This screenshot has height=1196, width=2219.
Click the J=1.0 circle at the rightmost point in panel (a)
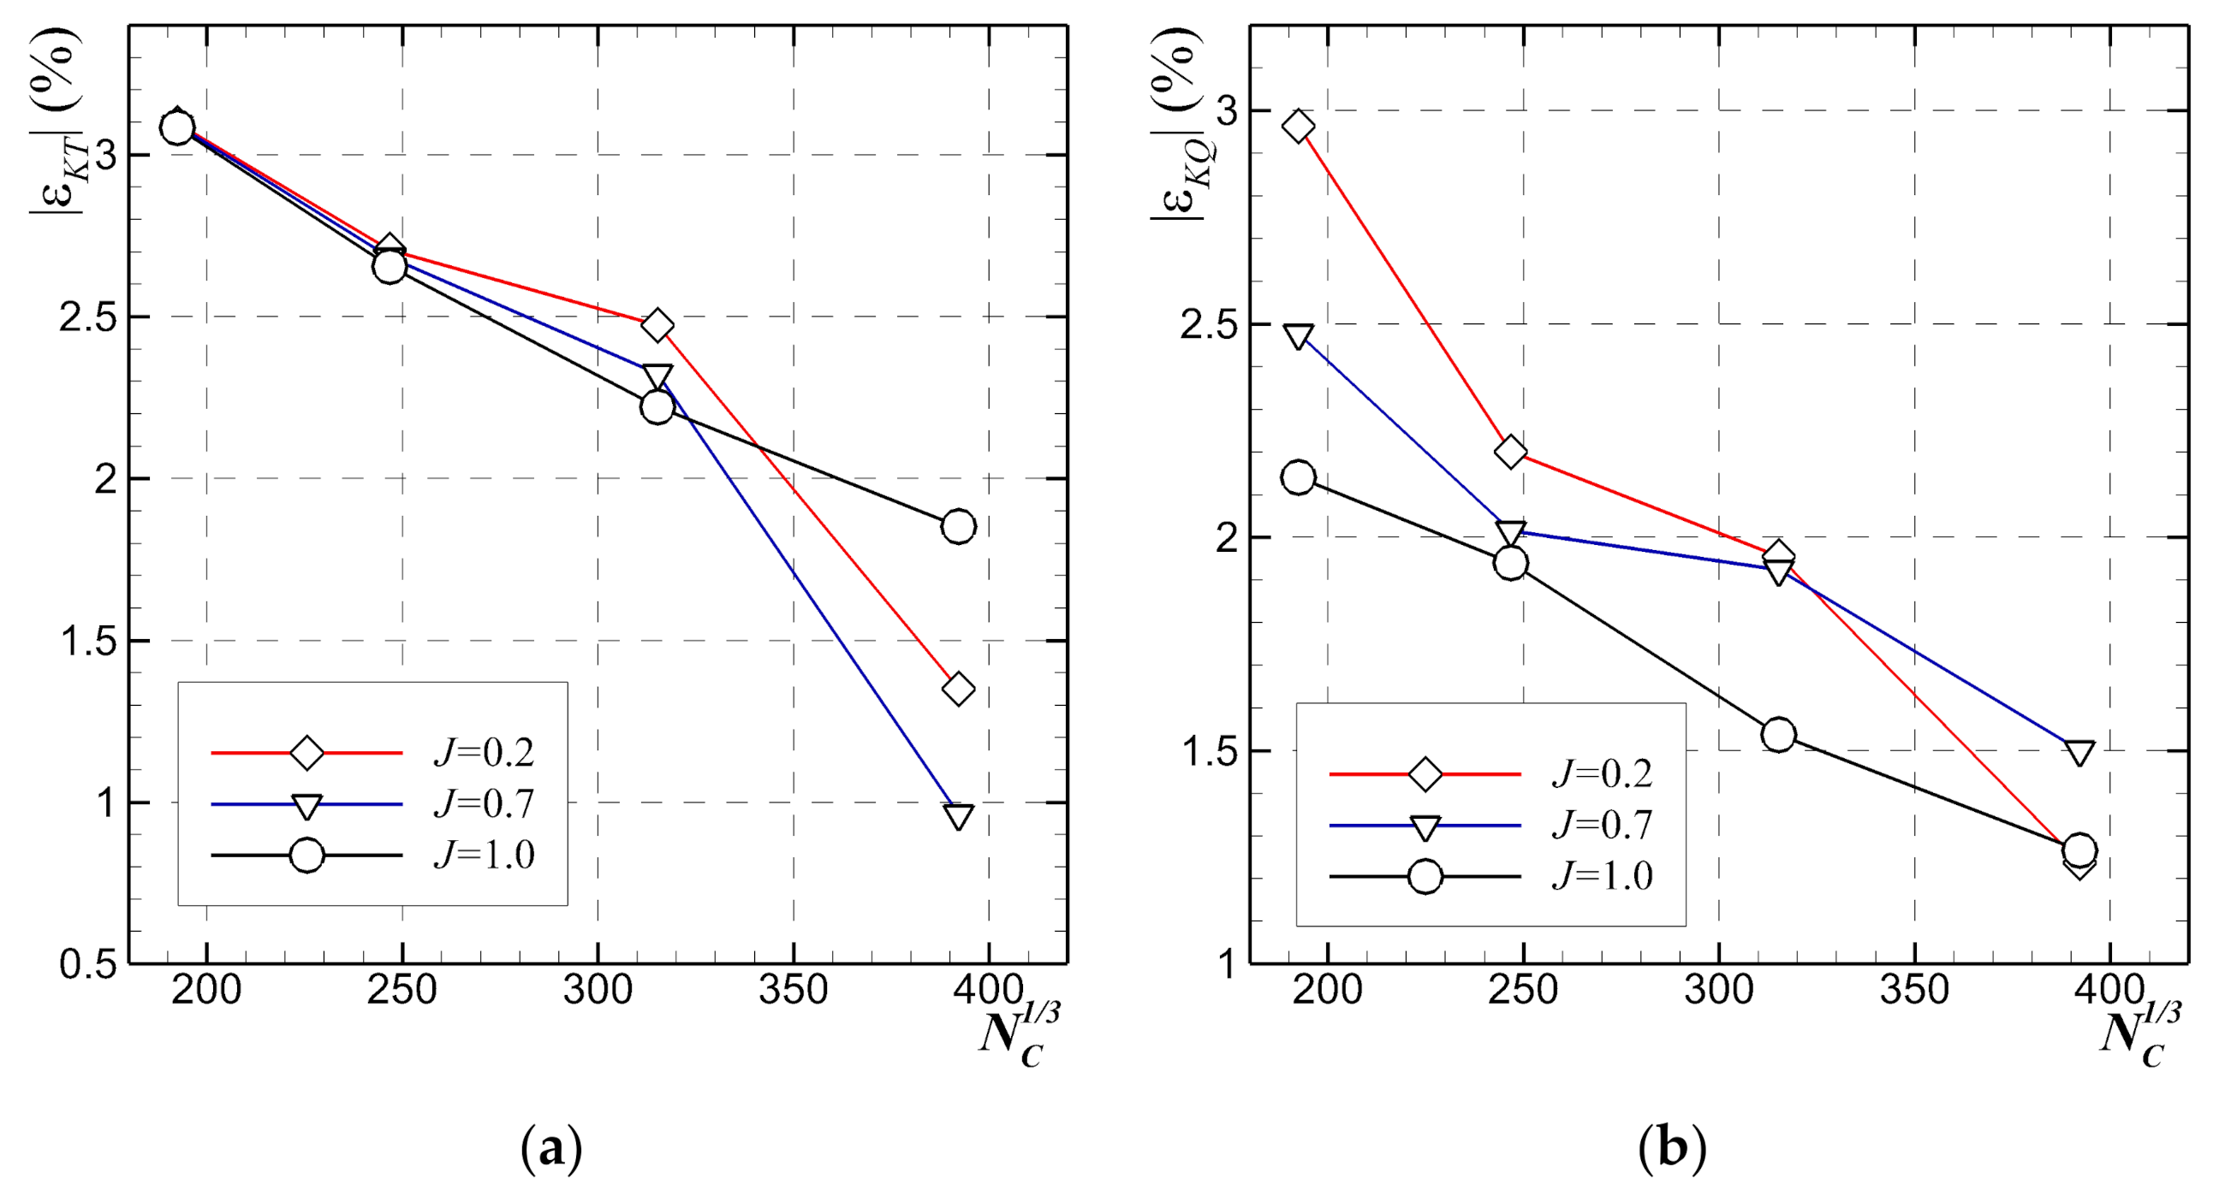click(958, 526)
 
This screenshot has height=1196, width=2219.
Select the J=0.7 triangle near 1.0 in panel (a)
click(958, 814)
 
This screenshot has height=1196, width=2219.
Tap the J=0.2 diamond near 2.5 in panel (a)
click(657, 324)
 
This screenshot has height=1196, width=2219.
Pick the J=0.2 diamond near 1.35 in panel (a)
click(958, 689)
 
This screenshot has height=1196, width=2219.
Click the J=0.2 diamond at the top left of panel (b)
click(1298, 127)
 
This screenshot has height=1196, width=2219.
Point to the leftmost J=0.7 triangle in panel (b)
click(1298, 336)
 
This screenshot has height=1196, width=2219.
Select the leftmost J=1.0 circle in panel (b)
click(1298, 477)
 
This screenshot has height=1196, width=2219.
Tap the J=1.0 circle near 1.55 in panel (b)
click(1779, 735)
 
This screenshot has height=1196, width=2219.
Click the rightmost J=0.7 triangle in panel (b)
click(2079, 753)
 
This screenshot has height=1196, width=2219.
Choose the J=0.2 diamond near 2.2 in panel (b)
click(1510, 451)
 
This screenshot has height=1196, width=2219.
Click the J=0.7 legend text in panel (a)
click(484, 804)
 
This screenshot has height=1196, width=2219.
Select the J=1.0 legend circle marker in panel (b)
click(1425, 877)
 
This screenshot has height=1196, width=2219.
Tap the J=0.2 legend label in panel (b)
click(1603, 774)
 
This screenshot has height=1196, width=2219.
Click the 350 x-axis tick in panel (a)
click(793, 990)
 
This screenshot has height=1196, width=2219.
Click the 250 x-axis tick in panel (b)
click(1523, 990)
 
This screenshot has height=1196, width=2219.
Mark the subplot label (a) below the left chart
click(551, 1149)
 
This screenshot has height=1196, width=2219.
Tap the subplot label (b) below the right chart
click(1672, 1149)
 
